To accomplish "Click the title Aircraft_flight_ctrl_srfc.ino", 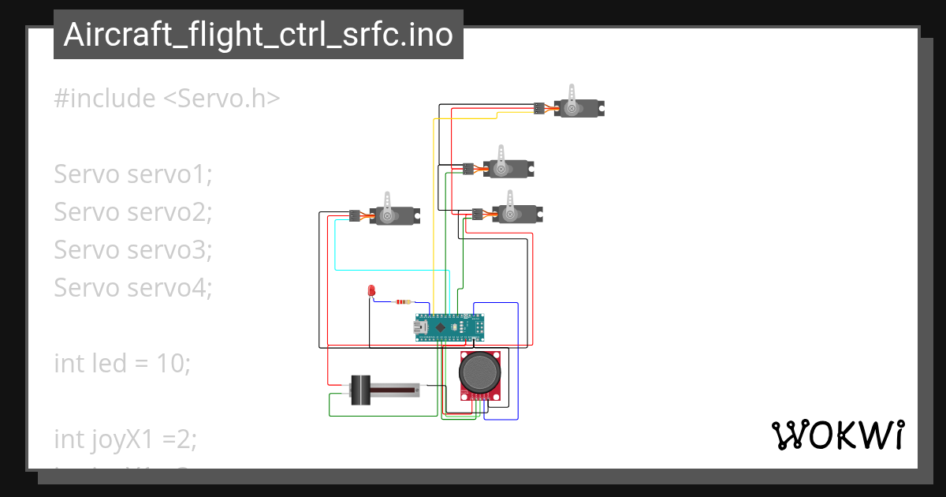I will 258,35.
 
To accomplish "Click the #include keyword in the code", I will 105,99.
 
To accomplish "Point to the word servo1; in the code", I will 169,174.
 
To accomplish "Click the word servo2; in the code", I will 169,212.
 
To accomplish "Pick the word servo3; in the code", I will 169,250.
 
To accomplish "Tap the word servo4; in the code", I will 169,288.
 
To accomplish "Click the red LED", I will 371,291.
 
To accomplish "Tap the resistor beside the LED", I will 403,301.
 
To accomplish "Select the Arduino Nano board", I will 448,326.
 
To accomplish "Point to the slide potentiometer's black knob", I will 360,390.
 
